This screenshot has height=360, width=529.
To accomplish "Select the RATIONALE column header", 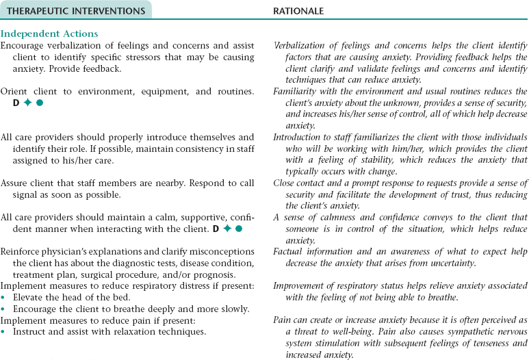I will (298, 11).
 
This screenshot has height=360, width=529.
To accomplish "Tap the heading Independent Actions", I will (49, 34).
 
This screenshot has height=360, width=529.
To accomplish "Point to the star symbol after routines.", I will (27, 103).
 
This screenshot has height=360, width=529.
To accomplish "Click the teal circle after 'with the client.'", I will (239, 228).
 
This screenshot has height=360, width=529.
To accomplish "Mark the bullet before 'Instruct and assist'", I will (3, 332).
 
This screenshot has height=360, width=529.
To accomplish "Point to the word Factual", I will (292, 252).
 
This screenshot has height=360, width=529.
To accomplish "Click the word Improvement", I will (302, 285).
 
